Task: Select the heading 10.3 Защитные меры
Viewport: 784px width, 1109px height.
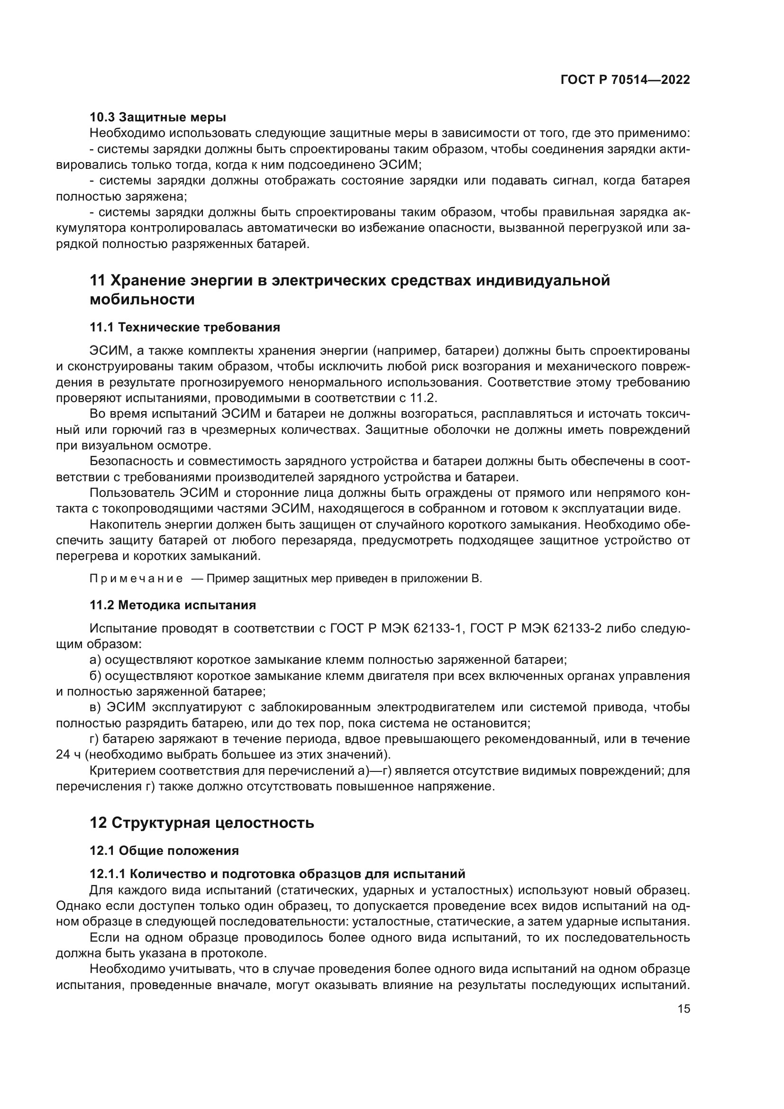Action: pyautogui.click(x=158, y=117)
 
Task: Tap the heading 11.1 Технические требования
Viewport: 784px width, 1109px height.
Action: pyautogui.click(x=184, y=327)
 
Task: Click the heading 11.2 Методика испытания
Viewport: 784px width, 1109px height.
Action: pyautogui.click(x=173, y=605)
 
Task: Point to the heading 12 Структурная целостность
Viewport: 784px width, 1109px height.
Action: pyautogui.click(x=202, y=823)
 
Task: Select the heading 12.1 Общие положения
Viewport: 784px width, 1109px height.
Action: pyautogui.click(x=164, y=851)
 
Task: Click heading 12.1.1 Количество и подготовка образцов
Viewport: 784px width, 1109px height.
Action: pyautogui.click(x=277, y=874)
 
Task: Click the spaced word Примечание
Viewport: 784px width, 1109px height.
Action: pyautogui.click(x=136, y=578)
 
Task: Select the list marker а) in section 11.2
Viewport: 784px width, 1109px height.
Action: pyautogui.click(x=95, y=660)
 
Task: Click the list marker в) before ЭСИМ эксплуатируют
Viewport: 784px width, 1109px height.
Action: pyautogui.click(x=95, y=707)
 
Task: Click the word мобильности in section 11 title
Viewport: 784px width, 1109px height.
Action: pyautogui.click(x=142, y=300)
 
